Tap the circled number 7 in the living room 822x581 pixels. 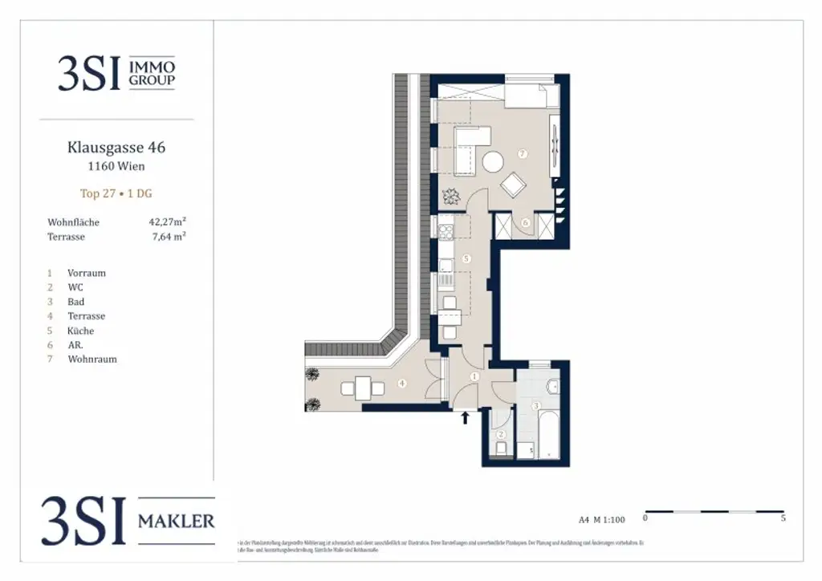coord(522,153)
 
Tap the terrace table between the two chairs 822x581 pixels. coord(363,388)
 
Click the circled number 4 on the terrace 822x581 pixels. coord(402,384)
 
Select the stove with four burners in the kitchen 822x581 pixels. coord(446,230)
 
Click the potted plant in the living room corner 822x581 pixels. coord(450,195)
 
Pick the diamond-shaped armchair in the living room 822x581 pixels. coord(512,186)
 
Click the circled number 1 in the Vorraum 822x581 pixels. coord(474,376)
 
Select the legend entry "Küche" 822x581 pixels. coord(81,331)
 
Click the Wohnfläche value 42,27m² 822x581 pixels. coord(168,221)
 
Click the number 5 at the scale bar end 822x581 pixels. coord(783,518)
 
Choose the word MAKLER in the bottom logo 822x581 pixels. coord(177,522)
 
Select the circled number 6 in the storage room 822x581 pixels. coord(526,222)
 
